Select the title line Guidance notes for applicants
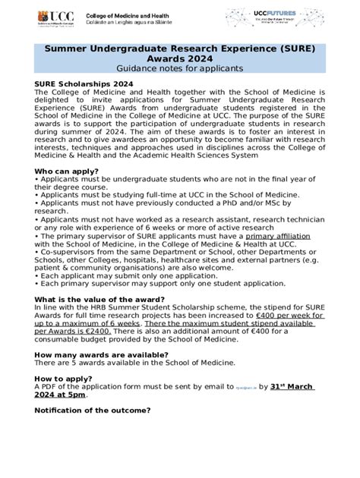(x=180, y=68)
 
